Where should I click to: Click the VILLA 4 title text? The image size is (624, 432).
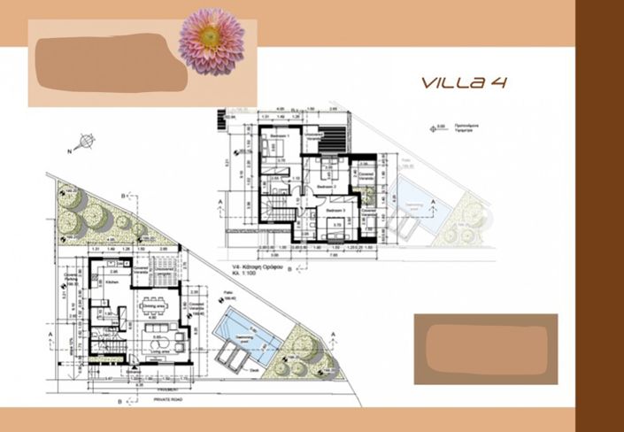coord(464,83)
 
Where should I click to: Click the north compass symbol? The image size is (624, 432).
coord(86,141)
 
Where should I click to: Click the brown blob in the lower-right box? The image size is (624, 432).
coord(485,347)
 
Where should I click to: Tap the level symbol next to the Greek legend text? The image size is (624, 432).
coord(435,127)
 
